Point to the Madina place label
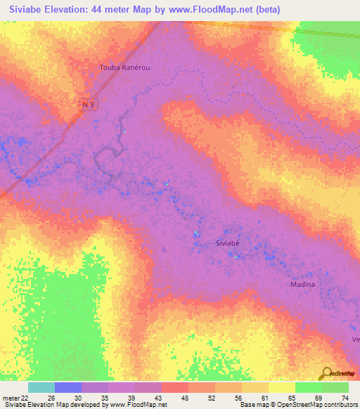coord(303,285)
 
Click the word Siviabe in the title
coord(27,9)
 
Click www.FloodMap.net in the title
coord(224,9)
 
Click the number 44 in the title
coord(110,9)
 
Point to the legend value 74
coord(345,397)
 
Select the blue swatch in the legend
coord(67,387)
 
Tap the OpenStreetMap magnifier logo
coord(326,373)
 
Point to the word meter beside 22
coord(11,397)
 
